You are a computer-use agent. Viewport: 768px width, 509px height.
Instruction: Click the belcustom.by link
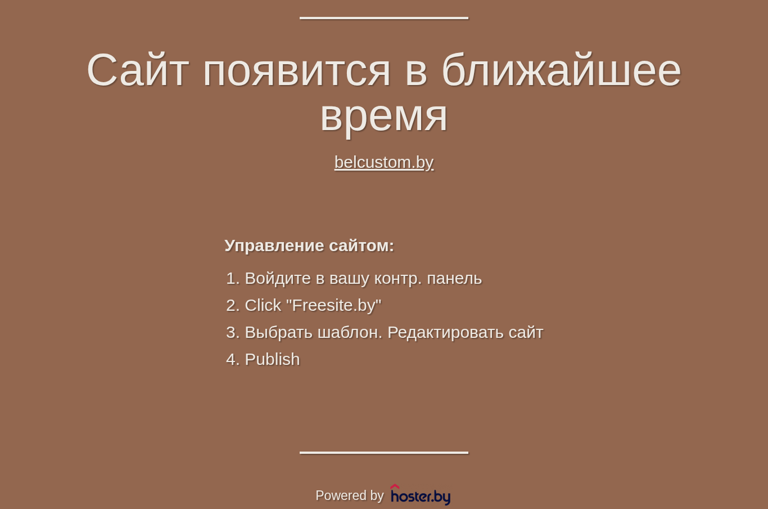[x=384, y=162]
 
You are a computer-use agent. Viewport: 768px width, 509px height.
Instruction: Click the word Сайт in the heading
[x=138, y=70]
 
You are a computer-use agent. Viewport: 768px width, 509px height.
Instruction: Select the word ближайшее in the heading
[x=561, y=69]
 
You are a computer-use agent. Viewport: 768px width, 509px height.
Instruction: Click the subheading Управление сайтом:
[x=309, y=245]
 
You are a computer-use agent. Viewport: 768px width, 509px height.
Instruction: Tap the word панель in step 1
[x=454, y=279]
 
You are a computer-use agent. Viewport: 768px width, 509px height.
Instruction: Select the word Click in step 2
[x=263, y=305]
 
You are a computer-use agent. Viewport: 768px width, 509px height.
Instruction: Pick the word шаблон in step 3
[x=350, y=332]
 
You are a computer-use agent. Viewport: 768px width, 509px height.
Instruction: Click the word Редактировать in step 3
[x=445, y=332]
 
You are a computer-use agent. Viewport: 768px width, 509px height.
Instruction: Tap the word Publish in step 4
[x=272, y=359]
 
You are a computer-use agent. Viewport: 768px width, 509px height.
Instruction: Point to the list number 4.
[x=233, y=359]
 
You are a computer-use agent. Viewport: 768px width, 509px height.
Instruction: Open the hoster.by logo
[x=421, y=495]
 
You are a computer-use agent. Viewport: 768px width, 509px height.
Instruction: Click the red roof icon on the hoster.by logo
[x=395, y=486]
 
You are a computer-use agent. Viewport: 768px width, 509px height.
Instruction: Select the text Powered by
[x=349, y=495]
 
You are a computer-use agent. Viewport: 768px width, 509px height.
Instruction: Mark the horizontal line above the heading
[x=384, y=18]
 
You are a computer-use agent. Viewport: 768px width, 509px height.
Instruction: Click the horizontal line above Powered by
[x=384, y=453]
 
